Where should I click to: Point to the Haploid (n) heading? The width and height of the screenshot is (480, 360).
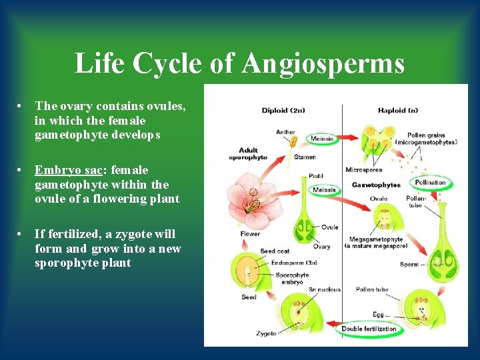[398, 111]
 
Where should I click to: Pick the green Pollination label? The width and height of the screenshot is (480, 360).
[430, 183]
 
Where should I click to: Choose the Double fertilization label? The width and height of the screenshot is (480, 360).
[369, 329]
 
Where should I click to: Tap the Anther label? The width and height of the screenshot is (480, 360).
[285, 132]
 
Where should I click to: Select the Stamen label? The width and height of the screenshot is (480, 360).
[305, 157]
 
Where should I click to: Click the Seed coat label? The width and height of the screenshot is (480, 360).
[275, 251]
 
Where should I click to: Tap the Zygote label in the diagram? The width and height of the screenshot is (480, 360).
[266, 333]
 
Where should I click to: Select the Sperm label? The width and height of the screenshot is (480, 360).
[409, 264]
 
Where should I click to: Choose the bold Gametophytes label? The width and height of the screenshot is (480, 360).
[375, 185]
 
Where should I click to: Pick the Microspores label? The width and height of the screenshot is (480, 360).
[363, 170]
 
